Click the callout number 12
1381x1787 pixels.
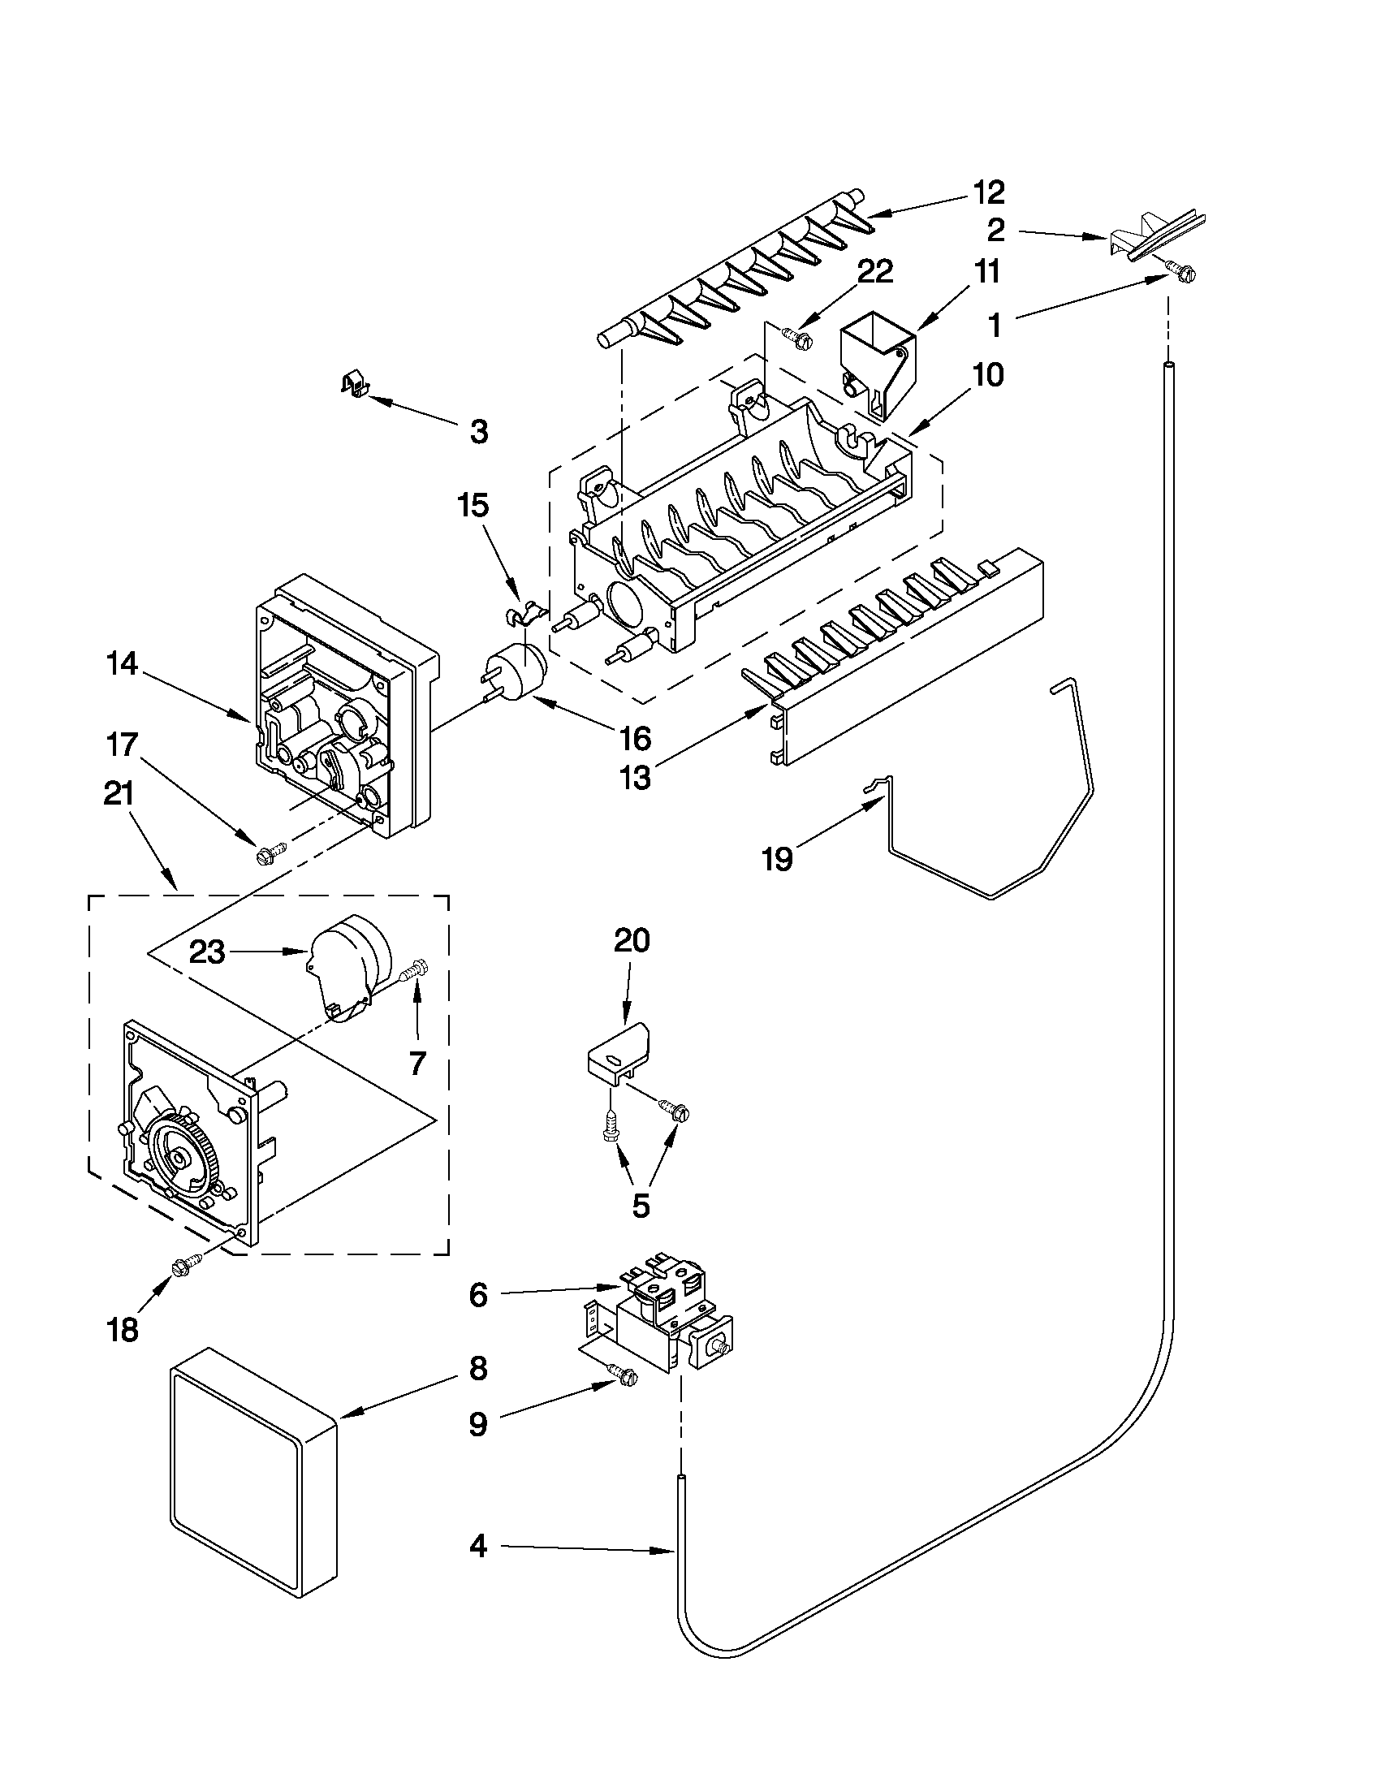click(988, 192)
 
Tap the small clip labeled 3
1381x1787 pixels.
click(352, 382)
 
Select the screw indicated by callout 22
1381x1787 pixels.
click(794, 336)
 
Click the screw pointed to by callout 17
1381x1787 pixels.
click(269, 854)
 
